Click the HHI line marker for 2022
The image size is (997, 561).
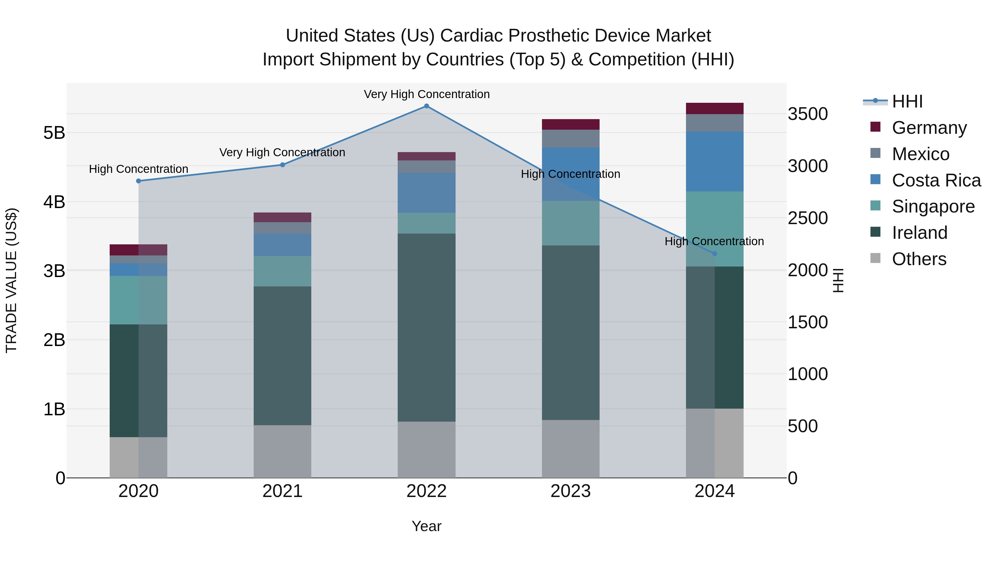[x=426, y=106]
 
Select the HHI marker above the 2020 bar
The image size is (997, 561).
[x=138, y=181]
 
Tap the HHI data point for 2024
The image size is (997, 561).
[x=715, y=253]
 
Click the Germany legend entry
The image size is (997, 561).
[x=929, y=128]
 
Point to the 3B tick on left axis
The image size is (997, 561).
[x=54, y=271]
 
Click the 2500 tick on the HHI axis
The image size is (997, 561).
[x=808, y=218]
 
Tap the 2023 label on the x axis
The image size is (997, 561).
[x=571, y=491]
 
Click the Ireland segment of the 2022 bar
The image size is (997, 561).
[x=426, y=327]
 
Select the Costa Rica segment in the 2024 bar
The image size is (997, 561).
[x=715, y=162]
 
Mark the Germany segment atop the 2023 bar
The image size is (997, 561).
[x=571, y=124]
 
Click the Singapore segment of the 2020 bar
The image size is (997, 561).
[x=138, y=300]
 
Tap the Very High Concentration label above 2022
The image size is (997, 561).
[x=426, y=94]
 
